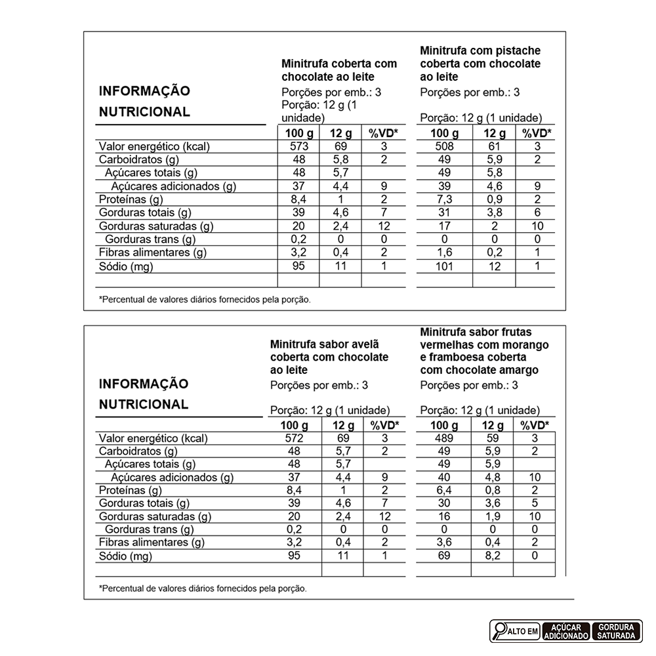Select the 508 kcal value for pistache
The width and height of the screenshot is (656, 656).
(x=444, y=146)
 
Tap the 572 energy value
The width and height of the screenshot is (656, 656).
(x=295, y=438)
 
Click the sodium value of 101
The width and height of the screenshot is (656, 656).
(x=444, y=266)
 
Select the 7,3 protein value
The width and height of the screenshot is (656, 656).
(x=444, y=199)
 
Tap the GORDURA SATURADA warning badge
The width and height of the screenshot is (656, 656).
(x=616, y=631)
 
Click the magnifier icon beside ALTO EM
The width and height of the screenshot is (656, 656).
(x=499, y=631)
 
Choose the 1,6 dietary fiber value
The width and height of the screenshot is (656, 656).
(x=444, y=253)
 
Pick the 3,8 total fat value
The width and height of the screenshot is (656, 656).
(x=493, y=213)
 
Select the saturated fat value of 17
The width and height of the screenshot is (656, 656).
(x=444, y=226)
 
